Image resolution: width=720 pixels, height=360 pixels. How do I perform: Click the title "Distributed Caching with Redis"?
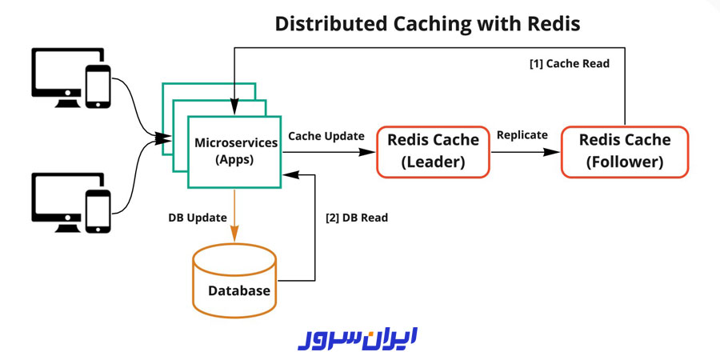[427, 23]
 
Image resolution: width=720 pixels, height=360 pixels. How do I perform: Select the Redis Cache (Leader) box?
[433, 151]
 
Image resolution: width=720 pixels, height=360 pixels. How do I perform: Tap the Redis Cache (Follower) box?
[625, 151]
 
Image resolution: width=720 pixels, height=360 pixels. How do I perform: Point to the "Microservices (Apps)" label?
[236, 150]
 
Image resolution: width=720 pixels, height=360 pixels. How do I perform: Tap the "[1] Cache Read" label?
[570, 64]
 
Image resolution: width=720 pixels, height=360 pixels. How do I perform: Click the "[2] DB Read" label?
[357, 217]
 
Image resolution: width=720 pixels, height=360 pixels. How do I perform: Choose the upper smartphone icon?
[98, 86]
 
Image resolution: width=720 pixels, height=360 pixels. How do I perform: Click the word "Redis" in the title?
[553, 23]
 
